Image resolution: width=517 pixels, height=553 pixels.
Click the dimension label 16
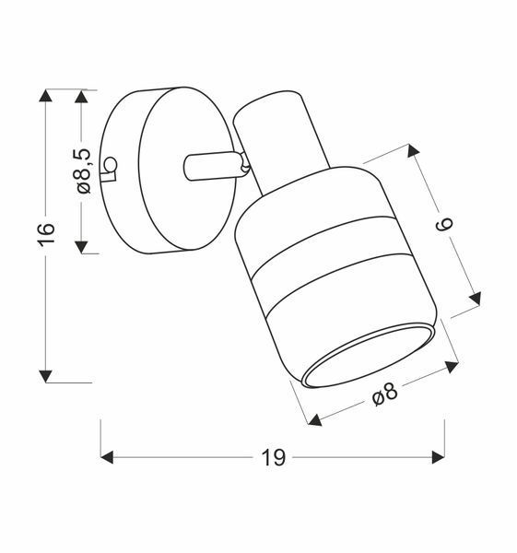[x=46, y=234]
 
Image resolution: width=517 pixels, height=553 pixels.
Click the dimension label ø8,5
[x=83, y=171]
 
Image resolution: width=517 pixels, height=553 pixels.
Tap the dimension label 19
[x=274, y=458]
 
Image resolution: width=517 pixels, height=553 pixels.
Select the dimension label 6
[x=444, y=225]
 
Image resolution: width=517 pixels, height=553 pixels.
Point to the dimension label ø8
[x=385, y=394]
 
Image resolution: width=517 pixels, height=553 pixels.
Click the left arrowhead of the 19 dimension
[x=107, y=457]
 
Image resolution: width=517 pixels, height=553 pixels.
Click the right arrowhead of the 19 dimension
[x=439, y=457]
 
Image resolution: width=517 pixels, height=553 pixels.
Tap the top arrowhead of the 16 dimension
[x=45, y=96]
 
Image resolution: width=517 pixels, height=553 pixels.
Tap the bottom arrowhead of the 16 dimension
[x=45, y=376]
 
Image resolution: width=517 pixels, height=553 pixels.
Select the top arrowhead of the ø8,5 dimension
[x=81, y=97]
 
